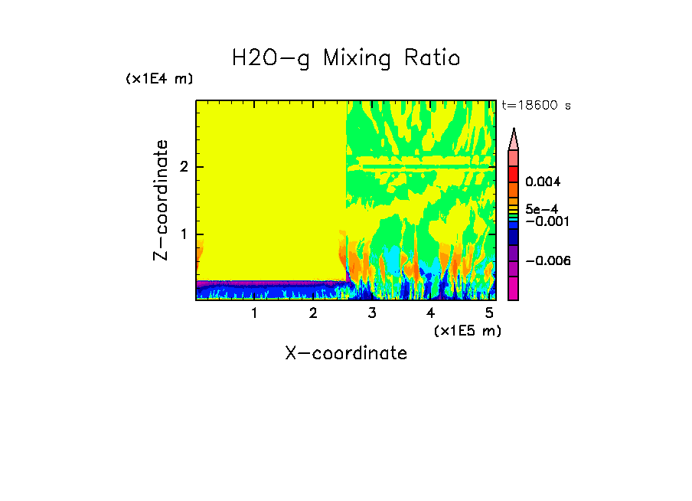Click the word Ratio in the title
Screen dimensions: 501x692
tap(427, 58)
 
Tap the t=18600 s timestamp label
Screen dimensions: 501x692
tap(536, 106)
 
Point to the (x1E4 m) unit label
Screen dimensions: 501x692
tap(159, 79)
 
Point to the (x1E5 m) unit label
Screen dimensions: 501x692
tap(467, 330)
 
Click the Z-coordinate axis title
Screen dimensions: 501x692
tap(161, 199)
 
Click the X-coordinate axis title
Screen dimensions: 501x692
tap(346, 353)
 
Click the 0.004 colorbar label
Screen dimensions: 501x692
tap(543, 182)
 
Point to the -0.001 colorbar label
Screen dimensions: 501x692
tap(546, 221)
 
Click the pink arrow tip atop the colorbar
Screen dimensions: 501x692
tap(514, 139)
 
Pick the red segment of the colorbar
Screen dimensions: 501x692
tap(514, 173)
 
